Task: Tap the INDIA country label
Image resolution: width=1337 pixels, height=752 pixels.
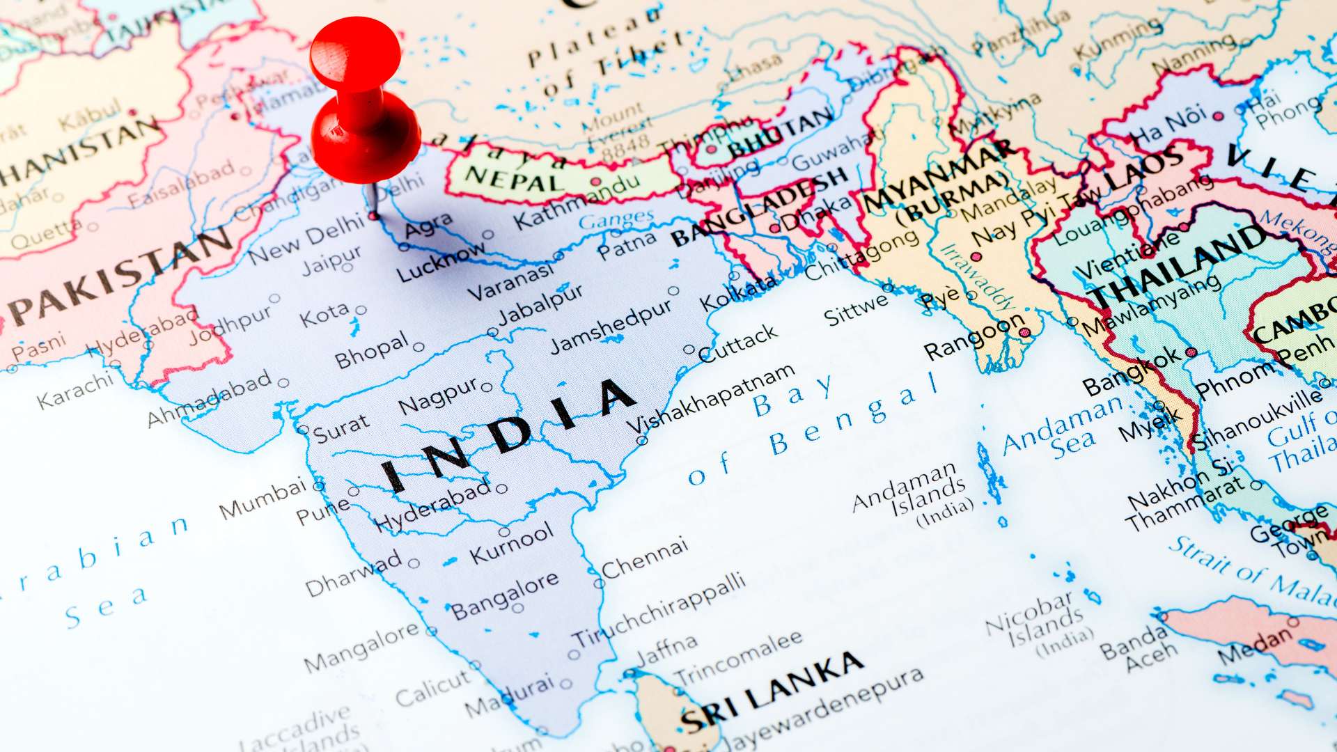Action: click(x=508, y=435)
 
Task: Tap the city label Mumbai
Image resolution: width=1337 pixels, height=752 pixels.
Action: click(x=263, y=499)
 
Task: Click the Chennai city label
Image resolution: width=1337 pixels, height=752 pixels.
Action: click(x=645, y=557)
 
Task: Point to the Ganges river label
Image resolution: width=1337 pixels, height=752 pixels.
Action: click(x=616, y=220)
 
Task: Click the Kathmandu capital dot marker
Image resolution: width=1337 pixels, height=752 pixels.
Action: click(x=596, y=182)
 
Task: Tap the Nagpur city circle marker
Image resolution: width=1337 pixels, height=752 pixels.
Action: click(x=487, y=388)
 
